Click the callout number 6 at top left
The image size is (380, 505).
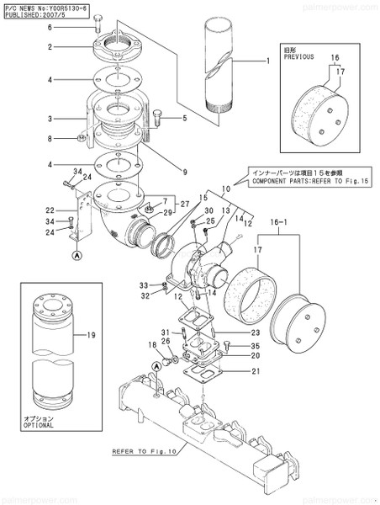[x=50, y=28]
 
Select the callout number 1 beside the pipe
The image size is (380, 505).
[x=268, y=61]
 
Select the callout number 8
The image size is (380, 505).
[x=50, y=138]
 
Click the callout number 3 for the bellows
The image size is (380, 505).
[x=50, y=120]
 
